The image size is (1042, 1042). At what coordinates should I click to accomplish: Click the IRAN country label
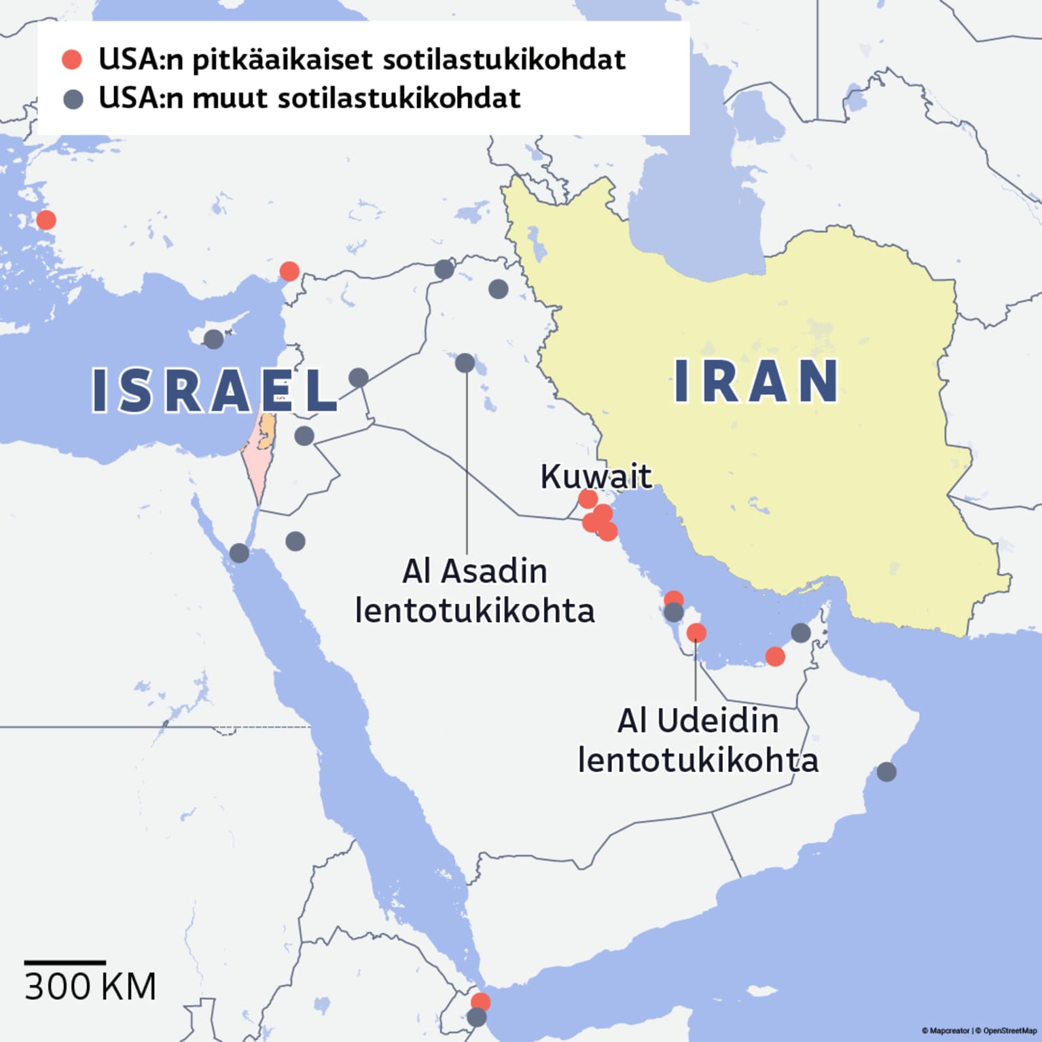pos(756,381)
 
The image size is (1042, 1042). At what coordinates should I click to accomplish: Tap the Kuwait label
pos(596,476)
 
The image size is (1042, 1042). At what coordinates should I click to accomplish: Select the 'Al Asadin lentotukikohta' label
pos(475,590)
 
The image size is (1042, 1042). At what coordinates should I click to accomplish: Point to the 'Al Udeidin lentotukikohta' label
pos(698,740)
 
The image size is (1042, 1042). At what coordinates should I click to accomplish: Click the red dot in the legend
pos(72,60)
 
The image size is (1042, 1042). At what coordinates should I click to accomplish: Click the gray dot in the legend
pos(73,99)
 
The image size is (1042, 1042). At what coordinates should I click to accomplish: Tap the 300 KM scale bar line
pos(65,963)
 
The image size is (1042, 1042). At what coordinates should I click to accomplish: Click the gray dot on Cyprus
pos(213,339)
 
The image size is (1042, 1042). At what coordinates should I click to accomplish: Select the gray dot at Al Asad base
pos(465,363)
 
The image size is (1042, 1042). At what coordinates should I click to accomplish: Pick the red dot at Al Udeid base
pos(696,633)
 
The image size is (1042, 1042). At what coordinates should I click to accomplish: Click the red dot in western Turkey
pos(46,220)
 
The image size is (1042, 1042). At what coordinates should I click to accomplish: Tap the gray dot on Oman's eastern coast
pos(886,772)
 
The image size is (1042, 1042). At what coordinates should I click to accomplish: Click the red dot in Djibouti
pos(480,1001)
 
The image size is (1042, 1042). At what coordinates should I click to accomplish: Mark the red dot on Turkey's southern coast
pos(289,271)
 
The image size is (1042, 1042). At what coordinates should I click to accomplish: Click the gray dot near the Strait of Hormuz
pos(801,632)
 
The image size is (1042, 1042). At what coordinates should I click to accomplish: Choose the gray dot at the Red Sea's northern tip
pos(239,553)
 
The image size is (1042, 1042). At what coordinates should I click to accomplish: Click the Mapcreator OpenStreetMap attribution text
pos(979,1030)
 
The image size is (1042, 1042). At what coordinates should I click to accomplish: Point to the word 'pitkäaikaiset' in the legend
pos(283,60)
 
